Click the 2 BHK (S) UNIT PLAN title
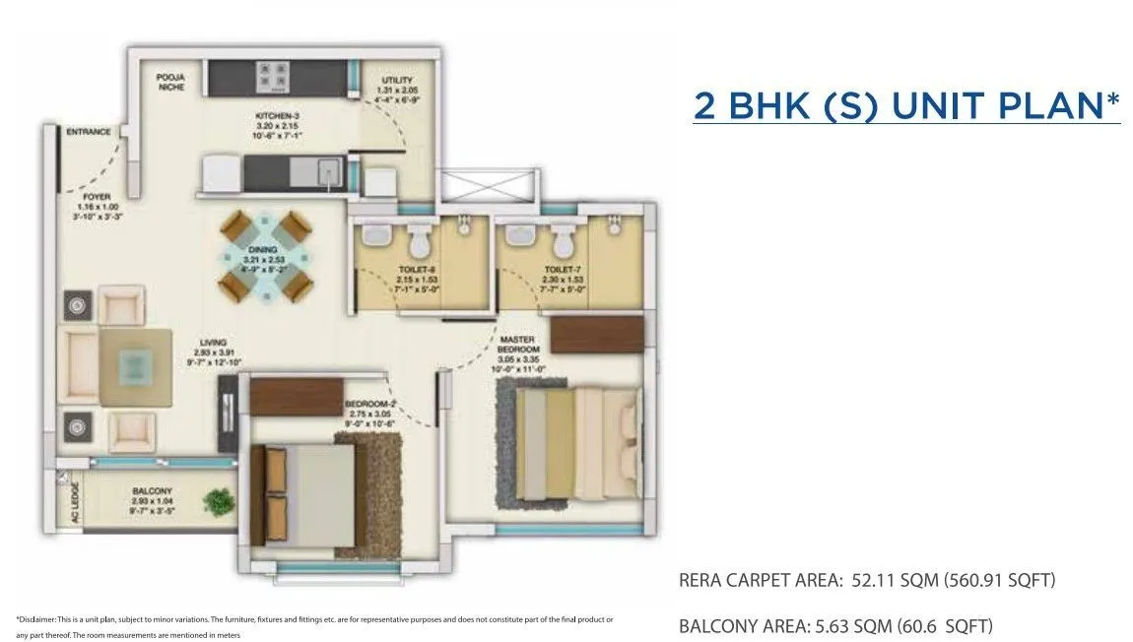[x=906, y=105]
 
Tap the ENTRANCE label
[x=89, y=131]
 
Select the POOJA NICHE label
[x=171, y=82]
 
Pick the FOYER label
[x=96, y=196]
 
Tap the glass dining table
[x=266, y=258]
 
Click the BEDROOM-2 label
[x=369, y=405]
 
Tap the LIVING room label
[x=214, y=344]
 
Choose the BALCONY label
[x=152, y=490]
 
